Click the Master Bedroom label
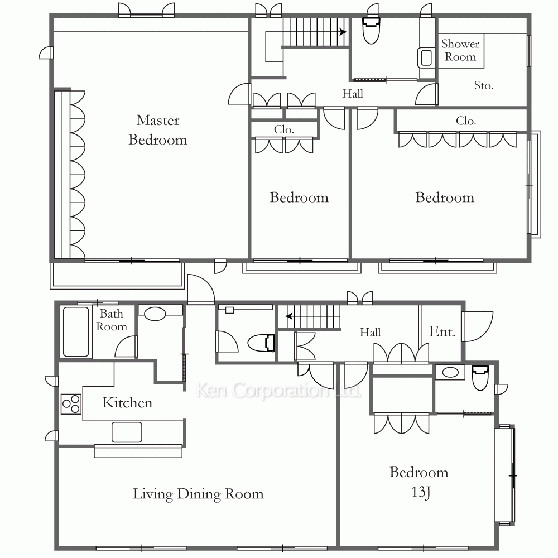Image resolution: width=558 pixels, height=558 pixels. (158, 130)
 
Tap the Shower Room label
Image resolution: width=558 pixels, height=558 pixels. (460, 50)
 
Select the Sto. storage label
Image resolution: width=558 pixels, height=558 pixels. (484, 85)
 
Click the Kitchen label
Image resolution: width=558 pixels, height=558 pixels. (127, 402)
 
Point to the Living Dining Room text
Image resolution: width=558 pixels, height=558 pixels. (198, 494)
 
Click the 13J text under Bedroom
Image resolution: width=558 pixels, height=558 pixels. (421, 492)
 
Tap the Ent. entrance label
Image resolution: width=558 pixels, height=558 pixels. (442, 331)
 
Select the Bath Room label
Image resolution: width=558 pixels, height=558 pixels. (112, 320)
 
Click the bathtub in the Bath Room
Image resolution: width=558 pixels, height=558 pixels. (76, 332)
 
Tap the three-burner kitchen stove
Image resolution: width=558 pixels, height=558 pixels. (71, 404)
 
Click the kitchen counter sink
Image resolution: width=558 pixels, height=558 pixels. (127, 432)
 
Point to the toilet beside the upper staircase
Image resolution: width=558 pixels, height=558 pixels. (371, 31)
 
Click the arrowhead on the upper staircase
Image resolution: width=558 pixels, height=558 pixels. (343, 32)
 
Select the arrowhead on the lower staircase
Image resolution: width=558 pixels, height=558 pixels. (289, 316)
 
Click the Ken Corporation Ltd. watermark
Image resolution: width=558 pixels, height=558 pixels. (278, 391)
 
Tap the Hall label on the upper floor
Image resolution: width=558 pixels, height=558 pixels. (353, 94)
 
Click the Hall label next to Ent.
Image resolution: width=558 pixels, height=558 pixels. (370, 333)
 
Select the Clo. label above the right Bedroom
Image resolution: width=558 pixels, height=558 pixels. (466, 121)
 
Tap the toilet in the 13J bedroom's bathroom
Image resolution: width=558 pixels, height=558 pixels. (480, 378)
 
